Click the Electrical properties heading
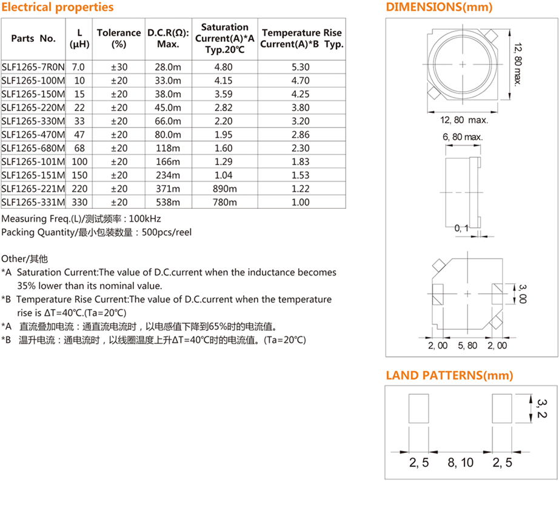click(x=58, y=7)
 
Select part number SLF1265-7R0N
click(x=33, y=67)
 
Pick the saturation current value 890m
click(x=224, y=189)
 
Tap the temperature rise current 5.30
click(x=301, y=67)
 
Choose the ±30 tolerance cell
click(x=119, y=67)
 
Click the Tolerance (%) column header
click(x=119, y=38)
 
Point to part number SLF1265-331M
click(x=33, y=203)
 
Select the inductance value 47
click(x=79, y=135)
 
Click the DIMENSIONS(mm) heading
click(x=439, y=7)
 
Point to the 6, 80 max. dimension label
click(x=463, y=138)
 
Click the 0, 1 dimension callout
click(x=461, y=228)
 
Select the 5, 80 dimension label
click(x=467, y=345)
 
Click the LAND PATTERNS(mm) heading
click(x=449, y=375)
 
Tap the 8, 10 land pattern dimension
click(x=461, y=463)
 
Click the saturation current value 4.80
click(x=224, y=67)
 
